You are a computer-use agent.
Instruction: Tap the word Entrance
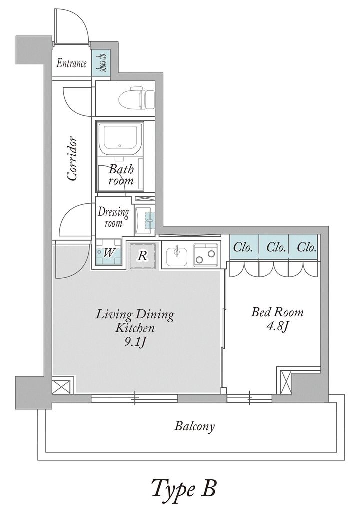72,63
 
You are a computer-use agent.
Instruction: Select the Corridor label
72,158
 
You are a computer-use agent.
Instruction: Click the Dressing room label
113,218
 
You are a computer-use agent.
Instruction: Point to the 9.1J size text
135,343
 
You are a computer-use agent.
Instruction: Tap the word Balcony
194,426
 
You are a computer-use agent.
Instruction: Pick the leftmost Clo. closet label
243,248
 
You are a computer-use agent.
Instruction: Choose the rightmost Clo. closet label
307,248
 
